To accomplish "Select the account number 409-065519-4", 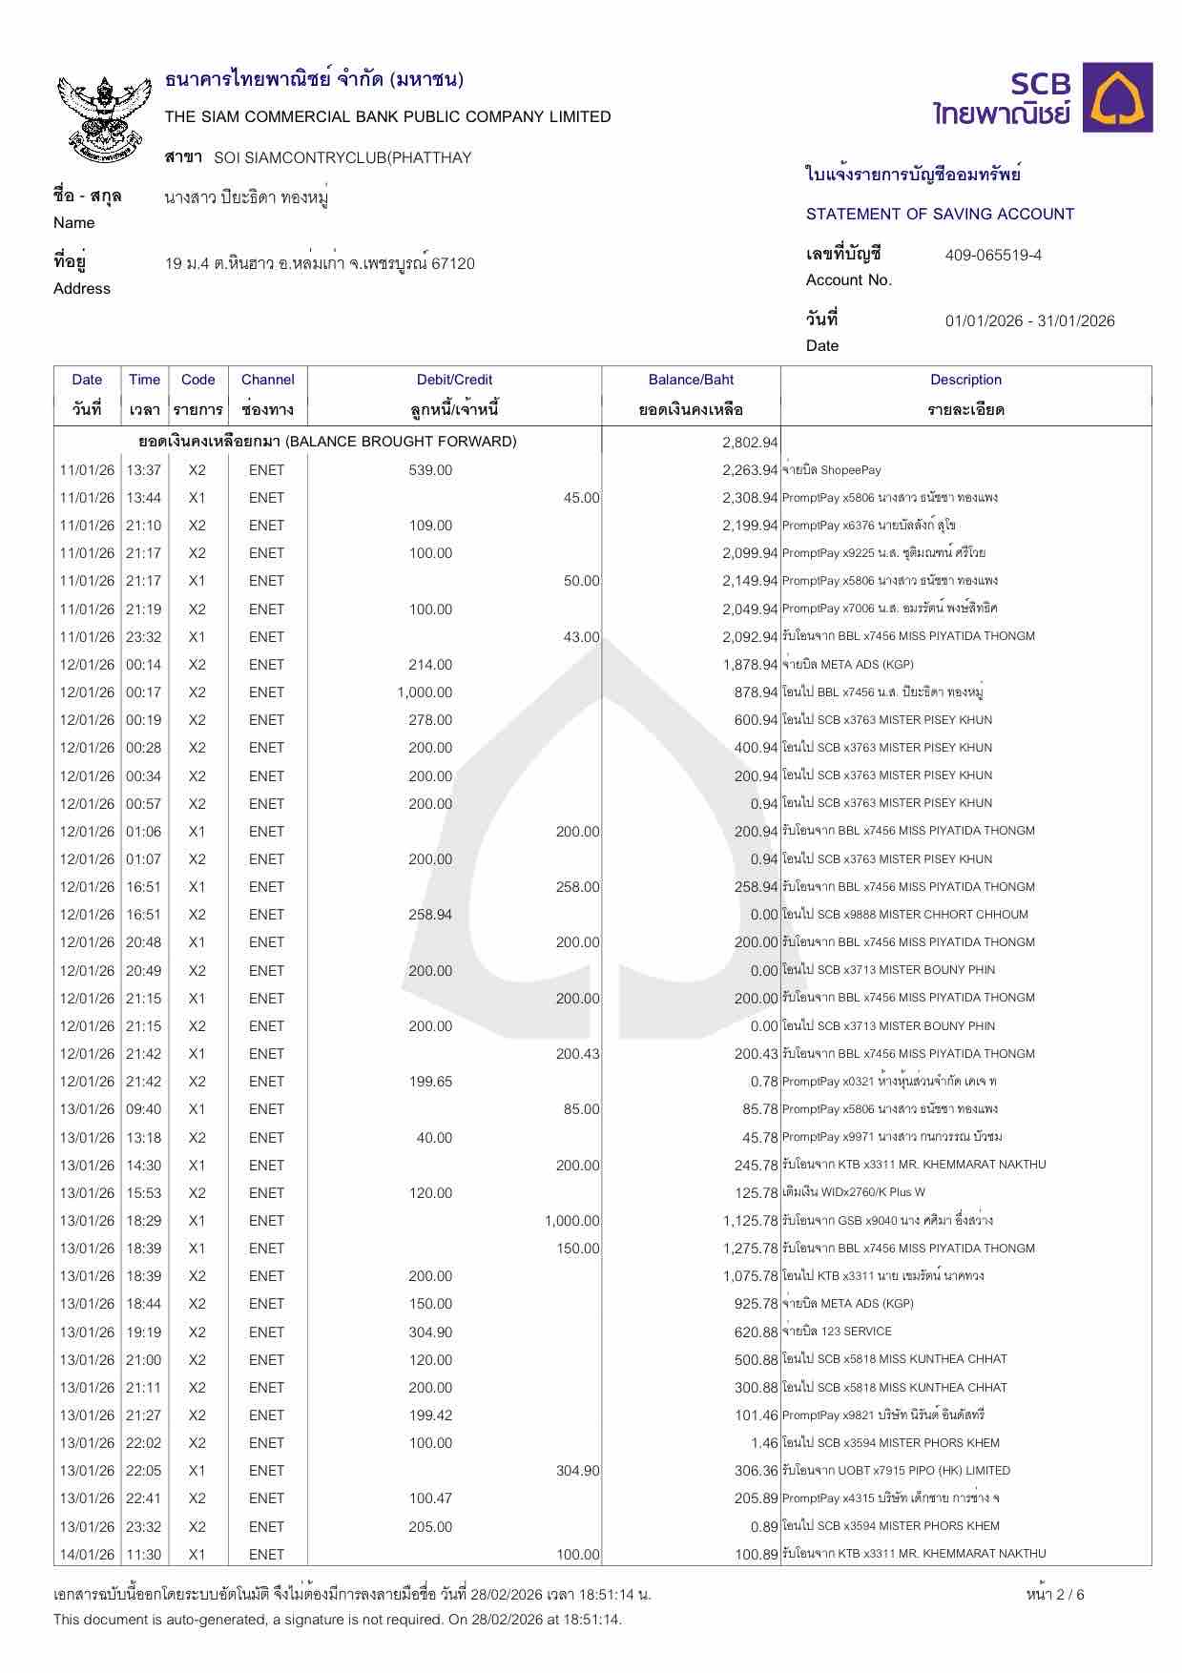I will (993, 256).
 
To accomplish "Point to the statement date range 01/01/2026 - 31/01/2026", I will (1029, 321).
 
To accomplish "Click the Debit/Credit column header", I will (454, 380).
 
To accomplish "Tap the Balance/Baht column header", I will (691, 380).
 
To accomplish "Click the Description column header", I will (965, 380).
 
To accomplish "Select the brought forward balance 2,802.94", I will (750, 443).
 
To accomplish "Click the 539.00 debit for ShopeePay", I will (430, 470).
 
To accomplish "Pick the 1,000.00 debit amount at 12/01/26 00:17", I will (425, 692).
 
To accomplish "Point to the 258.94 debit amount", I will (430, 915).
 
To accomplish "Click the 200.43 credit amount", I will (577, 1054).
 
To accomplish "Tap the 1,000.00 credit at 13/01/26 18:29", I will (571, 1221).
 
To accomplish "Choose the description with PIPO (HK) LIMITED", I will (896, 1471).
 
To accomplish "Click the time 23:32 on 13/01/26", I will (144, 1526).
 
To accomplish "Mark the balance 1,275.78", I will (750, 1249).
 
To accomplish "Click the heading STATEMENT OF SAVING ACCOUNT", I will (940, 215).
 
